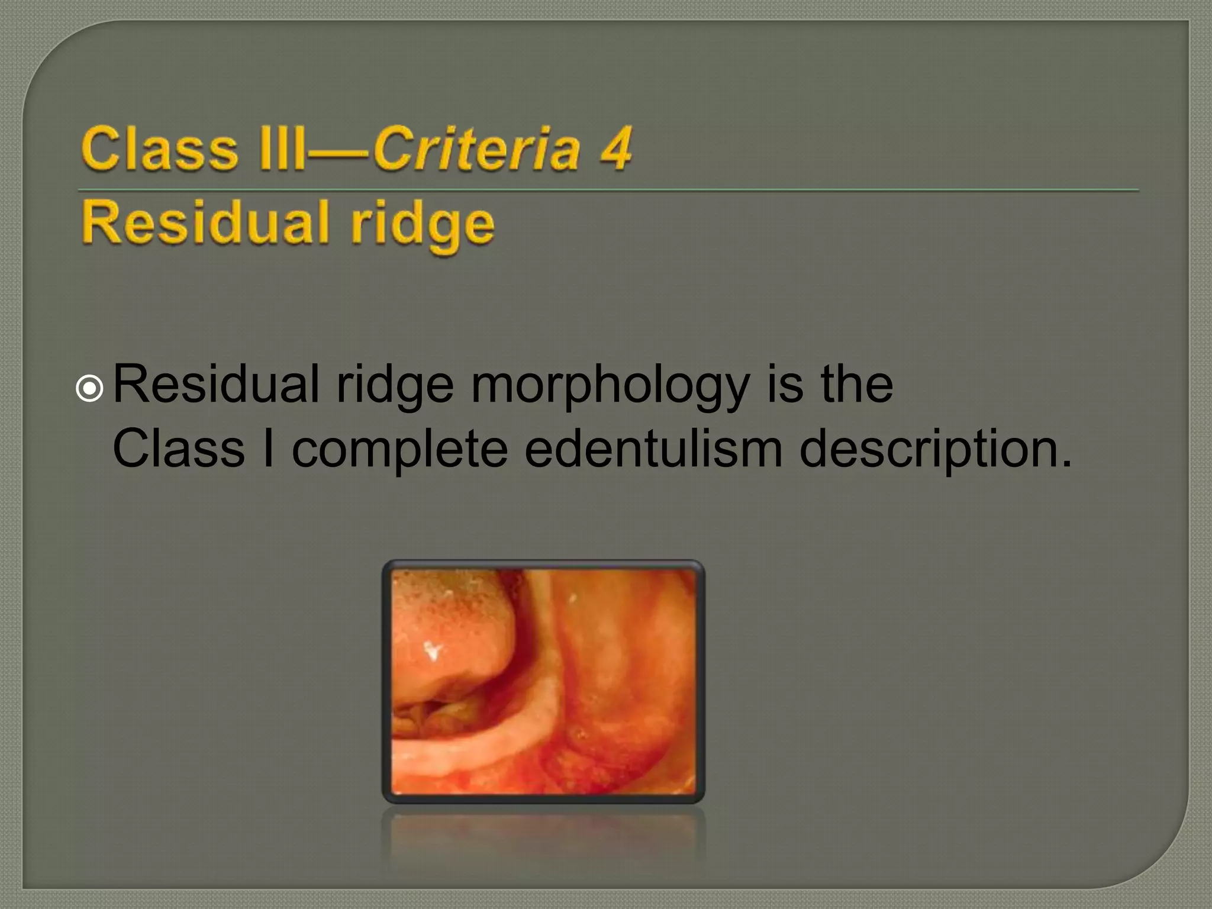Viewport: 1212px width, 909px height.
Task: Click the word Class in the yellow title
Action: point(159,148)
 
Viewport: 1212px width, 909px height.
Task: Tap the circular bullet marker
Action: point(90,389)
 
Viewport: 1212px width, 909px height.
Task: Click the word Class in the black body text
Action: point(178,448)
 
